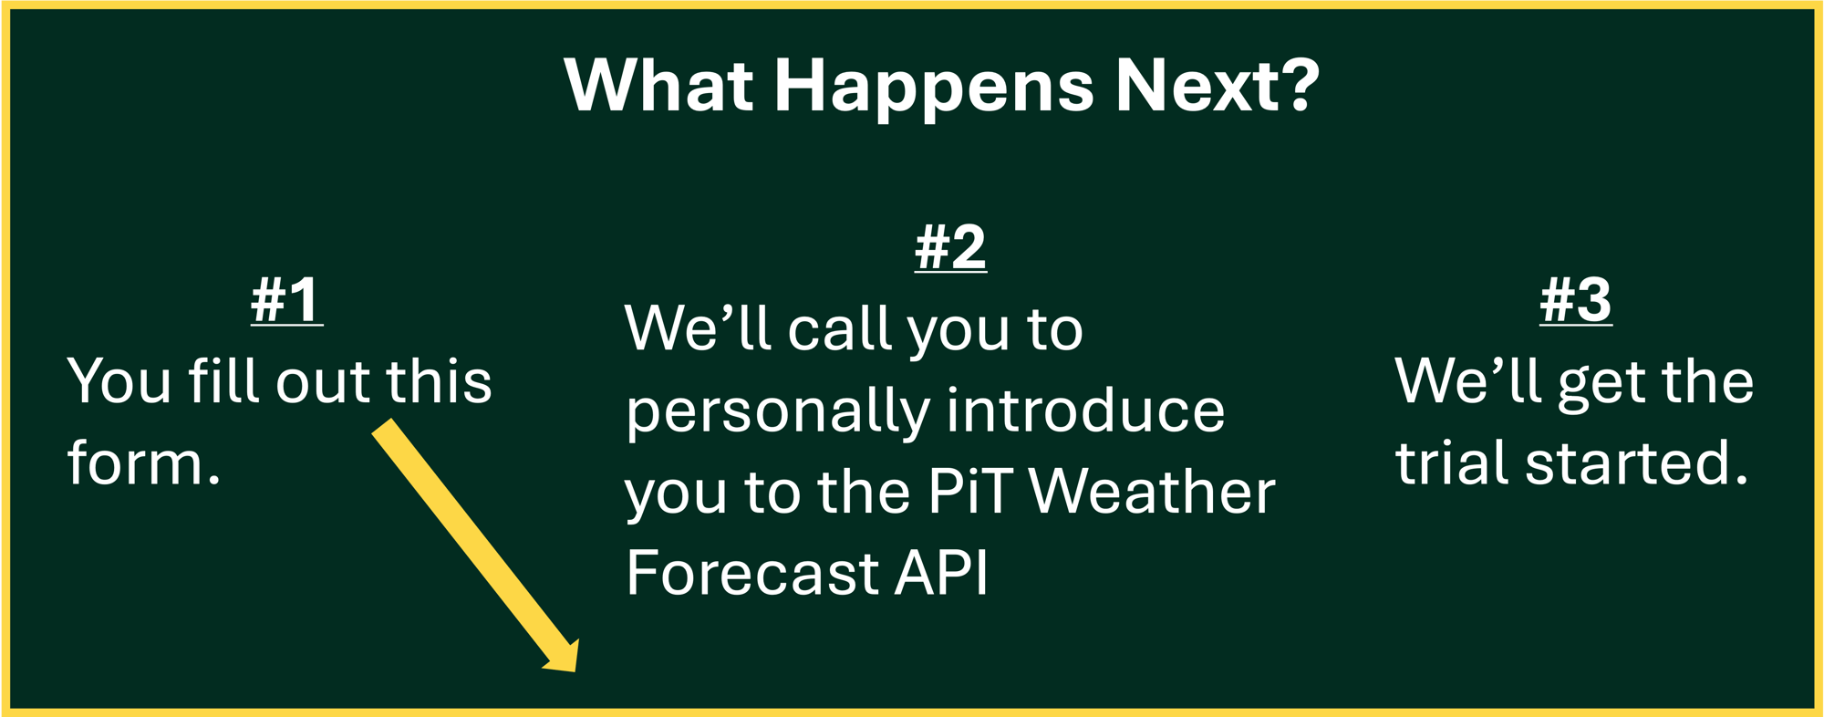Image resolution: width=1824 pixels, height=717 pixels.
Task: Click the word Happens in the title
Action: (x=933, y=86)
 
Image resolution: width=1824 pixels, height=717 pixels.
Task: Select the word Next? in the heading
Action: (x=1218, y=86)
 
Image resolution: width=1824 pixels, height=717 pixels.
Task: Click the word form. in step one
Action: (x=143, y=462)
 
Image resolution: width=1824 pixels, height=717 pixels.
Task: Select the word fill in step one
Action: (x=224, y=380)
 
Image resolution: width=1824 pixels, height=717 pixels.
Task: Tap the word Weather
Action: (x=1152, y=492)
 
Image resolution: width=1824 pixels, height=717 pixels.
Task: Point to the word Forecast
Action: (x=751, y=573)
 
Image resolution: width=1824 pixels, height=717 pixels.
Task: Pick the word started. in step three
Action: (x=1636, y=462)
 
